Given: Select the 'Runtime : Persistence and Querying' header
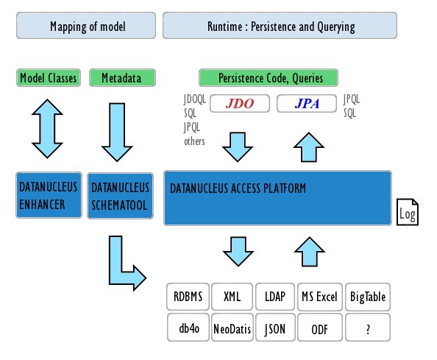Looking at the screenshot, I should [x=280, y=27].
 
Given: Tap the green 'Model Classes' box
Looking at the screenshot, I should [x=48, y=77].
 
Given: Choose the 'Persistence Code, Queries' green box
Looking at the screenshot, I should [x=270, y=77].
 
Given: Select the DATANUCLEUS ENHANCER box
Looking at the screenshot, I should [x=48, y=196].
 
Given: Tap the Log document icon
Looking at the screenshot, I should [x=408, y=212].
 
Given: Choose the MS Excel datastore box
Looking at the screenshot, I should [x=319, y=297].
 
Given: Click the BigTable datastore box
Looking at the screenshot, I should [x=367, y=297].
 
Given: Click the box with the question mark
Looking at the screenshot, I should [x=367, y=328].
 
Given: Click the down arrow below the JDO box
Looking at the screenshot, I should [x=237, y=146].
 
